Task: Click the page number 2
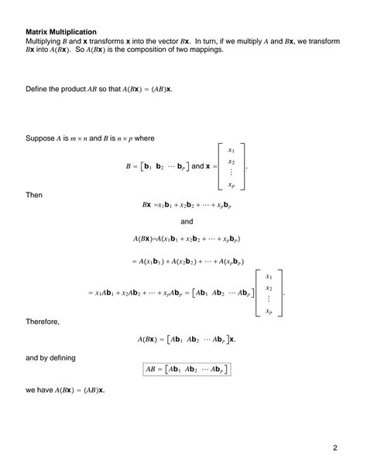point(336,448)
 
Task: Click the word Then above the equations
point(34,195)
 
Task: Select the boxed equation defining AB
point(187,370)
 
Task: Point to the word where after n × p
point(145,138)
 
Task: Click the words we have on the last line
point(40,390)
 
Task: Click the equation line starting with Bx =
point(187,206)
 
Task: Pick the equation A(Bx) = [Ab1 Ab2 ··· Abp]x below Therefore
point(187,339)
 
